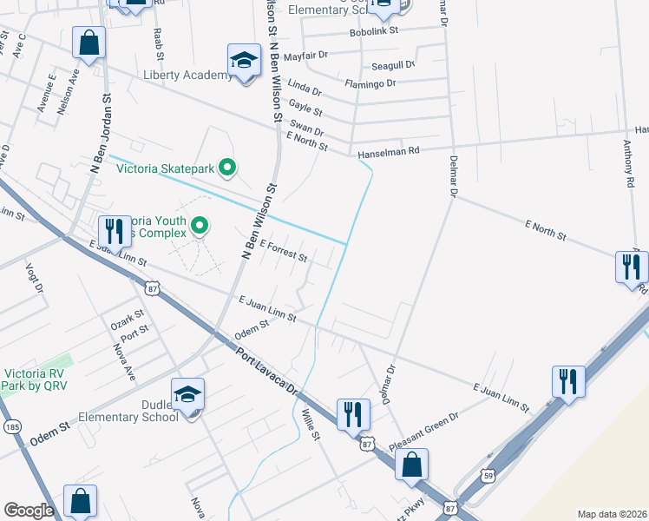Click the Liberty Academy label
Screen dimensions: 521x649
[x=187, y=76]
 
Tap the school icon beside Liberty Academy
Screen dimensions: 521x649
[x=245, y=61]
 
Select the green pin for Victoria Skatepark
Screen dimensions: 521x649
[x=227, y=166]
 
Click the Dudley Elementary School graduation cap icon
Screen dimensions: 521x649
[x=187, y=395]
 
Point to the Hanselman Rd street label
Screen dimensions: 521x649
[x=388, y=151]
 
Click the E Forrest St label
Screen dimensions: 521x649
[x=283, y=253]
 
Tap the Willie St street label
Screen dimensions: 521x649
[x=311, y=425]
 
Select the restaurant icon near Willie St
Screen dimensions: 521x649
[x=351, y=413]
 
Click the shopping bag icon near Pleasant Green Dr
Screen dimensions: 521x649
[x=411, y=464]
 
